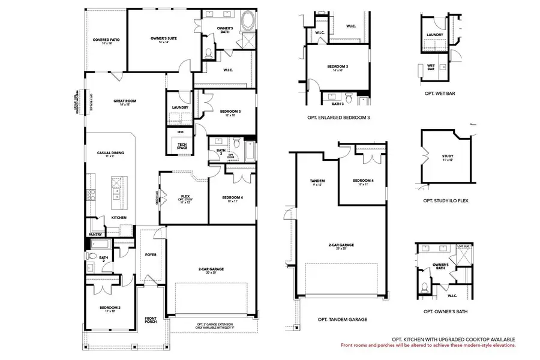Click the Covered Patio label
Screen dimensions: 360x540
pos(106,41)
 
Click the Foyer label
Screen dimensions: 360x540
pos(151,254)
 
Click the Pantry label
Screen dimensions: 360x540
pos(95,235)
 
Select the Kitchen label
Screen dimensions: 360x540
pos(119,217)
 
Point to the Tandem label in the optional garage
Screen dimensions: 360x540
pos(317,182)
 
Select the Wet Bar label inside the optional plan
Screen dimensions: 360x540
pos(431,67)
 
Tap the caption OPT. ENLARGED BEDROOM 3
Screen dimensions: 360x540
pos(338,118)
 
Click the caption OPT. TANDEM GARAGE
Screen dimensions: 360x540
pos(338,319)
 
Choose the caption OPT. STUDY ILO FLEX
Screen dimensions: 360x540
pos(446,200)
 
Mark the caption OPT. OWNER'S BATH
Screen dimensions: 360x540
pos(445,311)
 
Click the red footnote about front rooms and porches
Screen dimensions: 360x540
pos(428,346)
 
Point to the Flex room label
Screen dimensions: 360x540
pos(185,197)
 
